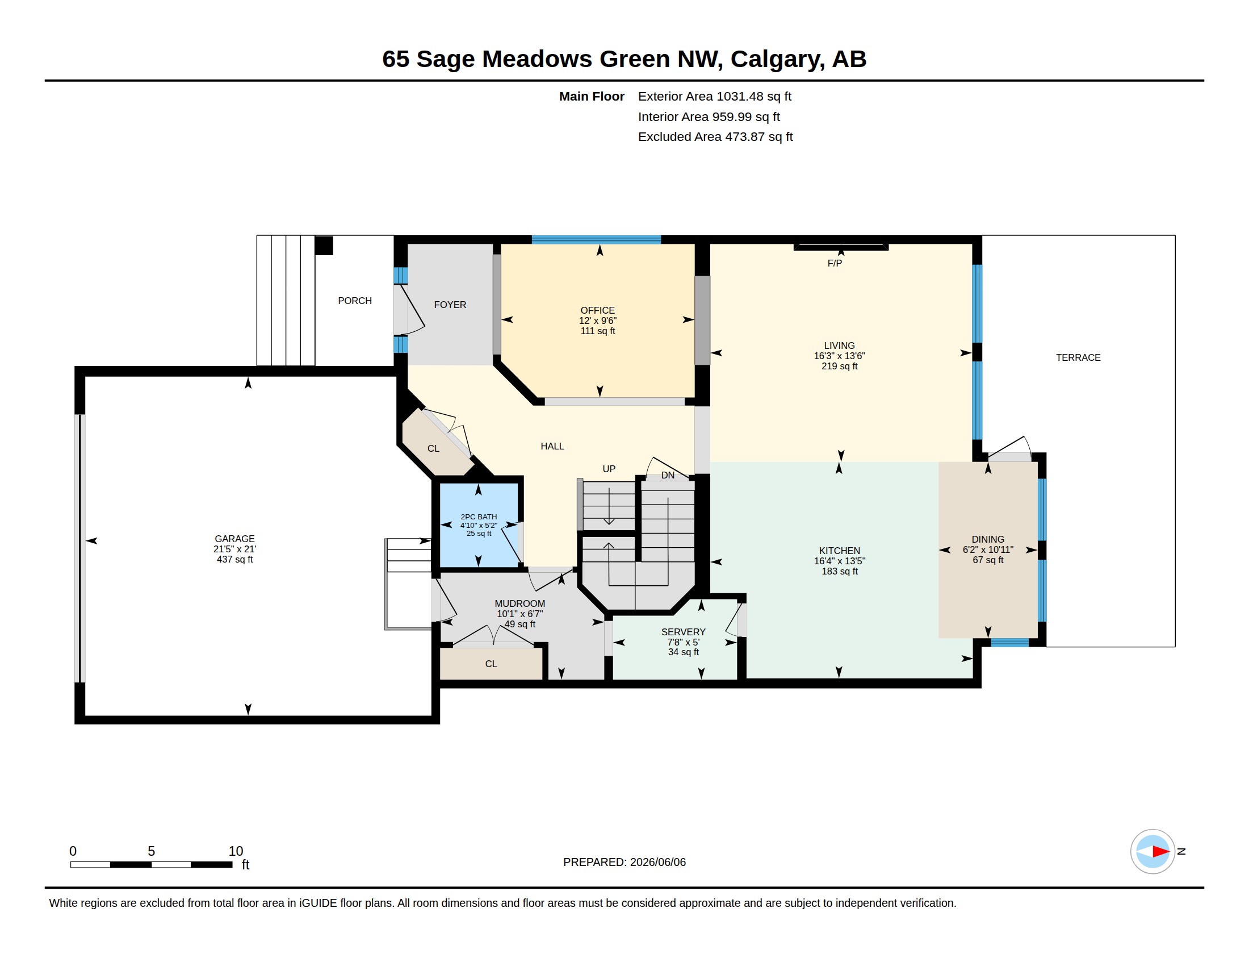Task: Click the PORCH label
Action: [355, 301]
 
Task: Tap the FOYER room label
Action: [450, 305]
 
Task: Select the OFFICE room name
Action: [598, 310]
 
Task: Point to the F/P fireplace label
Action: [835, 263]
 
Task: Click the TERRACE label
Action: [1078, 357]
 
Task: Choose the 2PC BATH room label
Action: [479, 517]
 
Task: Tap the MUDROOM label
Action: [520, 603]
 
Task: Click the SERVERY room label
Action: [684, 632]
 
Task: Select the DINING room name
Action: [988, 539]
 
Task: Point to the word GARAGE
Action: [234, 539]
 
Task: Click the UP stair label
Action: [609, 469]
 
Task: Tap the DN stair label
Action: [668, 475]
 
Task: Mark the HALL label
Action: [552, 446]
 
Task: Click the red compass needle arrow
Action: [1160, 852]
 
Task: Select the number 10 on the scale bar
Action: [236, 851]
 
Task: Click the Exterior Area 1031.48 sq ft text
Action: [715, 96]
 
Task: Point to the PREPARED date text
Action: [624, 862]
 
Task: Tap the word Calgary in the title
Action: [778, 60]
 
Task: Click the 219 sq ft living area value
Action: [840, 367]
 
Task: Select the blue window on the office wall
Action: [597, 240]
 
